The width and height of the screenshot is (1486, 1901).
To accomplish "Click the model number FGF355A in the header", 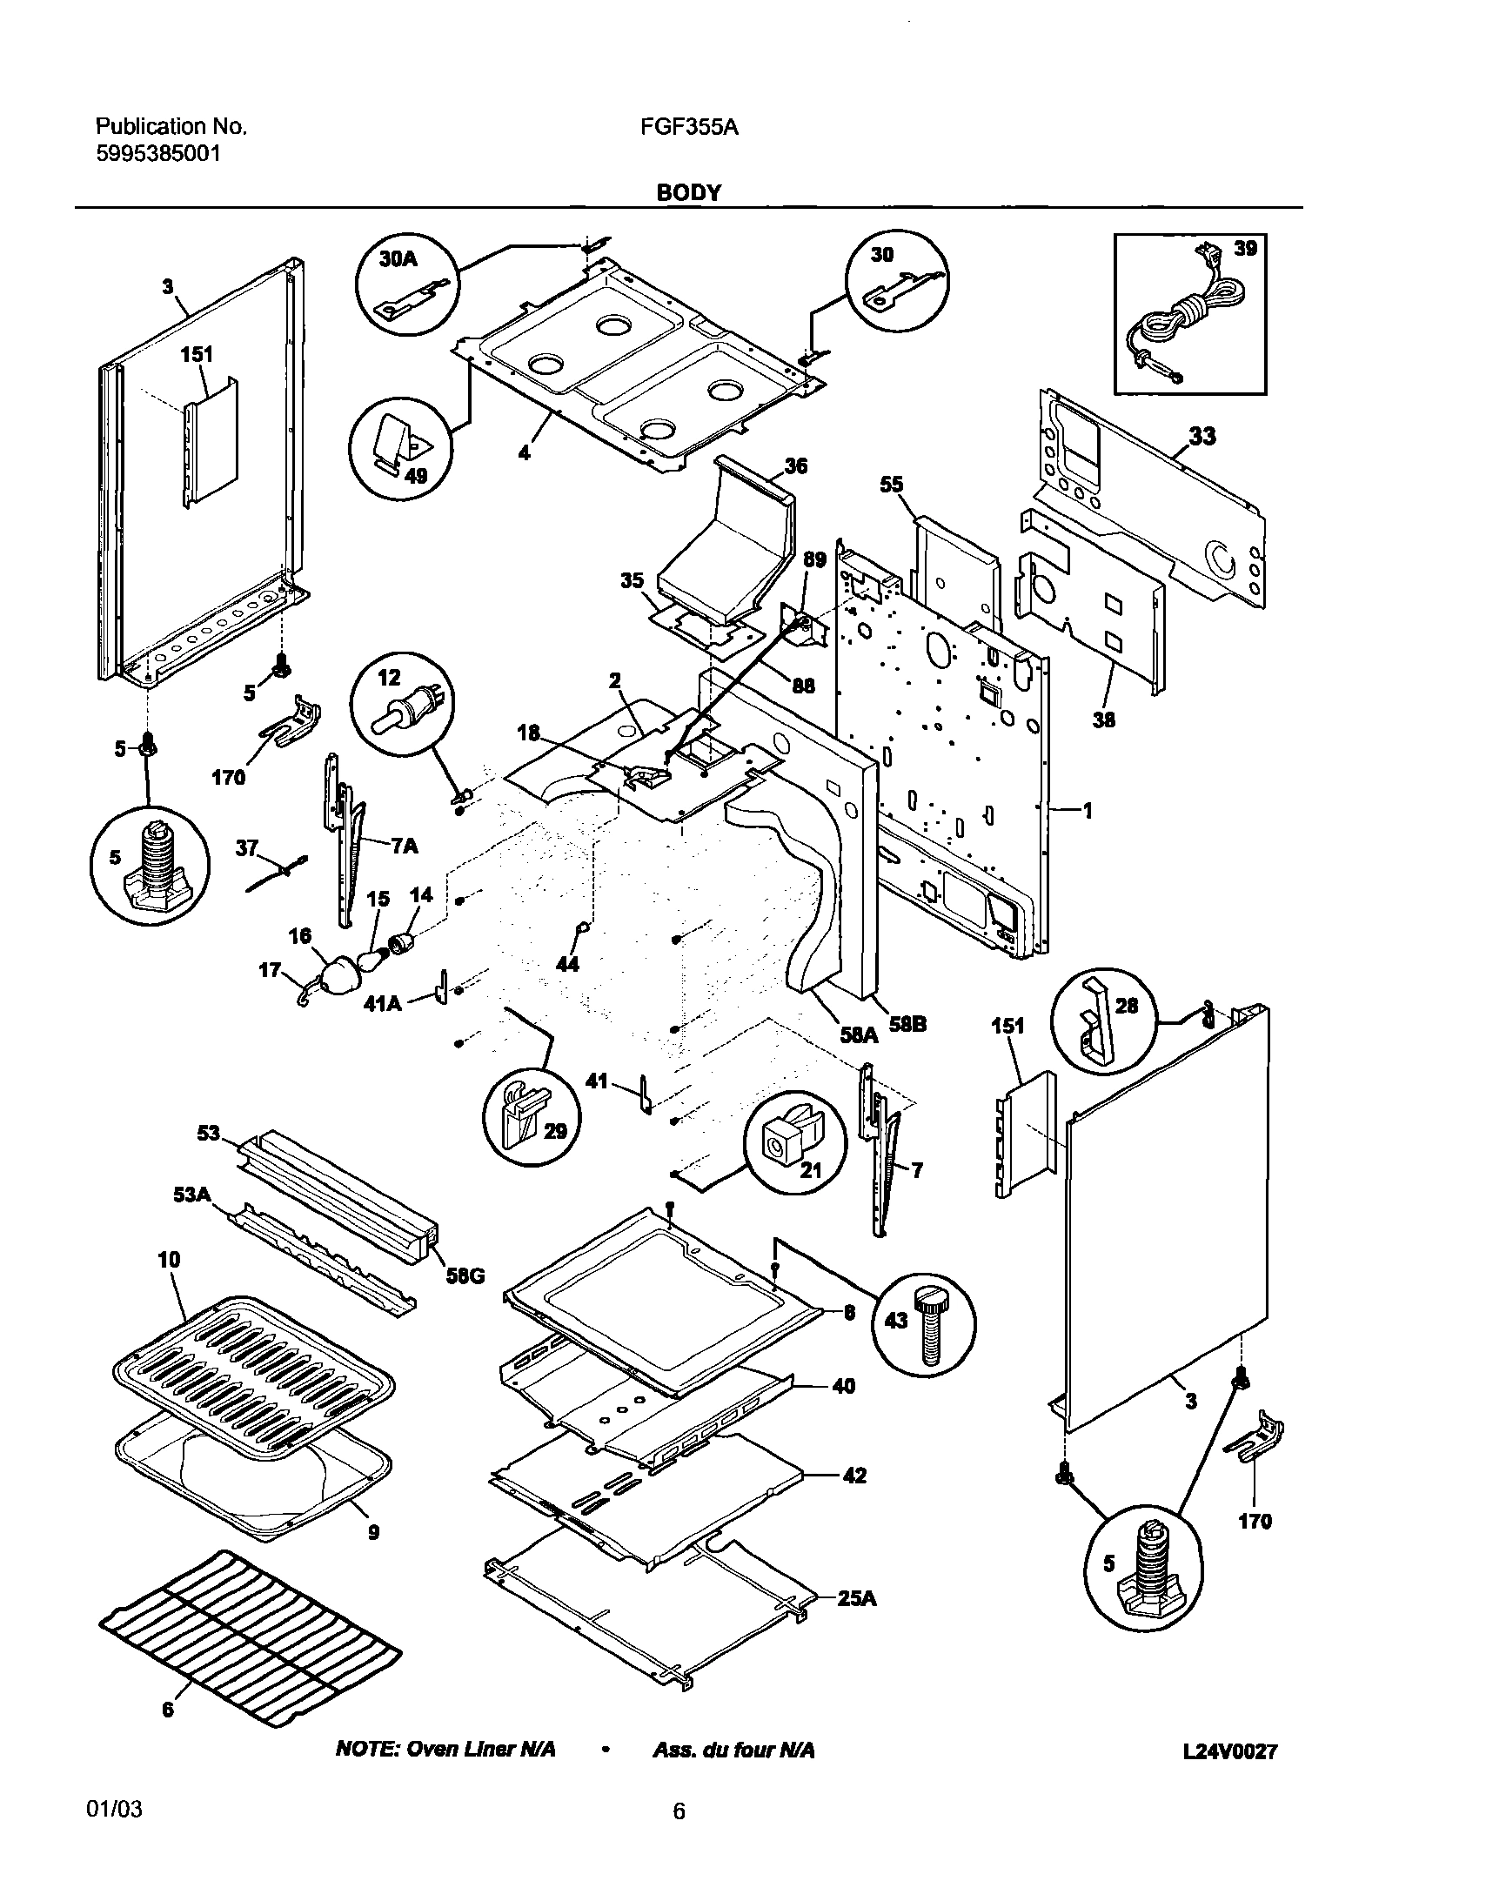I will (x=688, y=128).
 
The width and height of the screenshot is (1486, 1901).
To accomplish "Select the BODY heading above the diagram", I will (x=687, y=192).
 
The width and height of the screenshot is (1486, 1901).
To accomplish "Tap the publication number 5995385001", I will (x=157, y=154).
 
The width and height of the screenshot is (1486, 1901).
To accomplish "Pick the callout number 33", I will (x=1202, y=435).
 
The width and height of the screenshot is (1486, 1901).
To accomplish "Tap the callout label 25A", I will (x=857, y=1598).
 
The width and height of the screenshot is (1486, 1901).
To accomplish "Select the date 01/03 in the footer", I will (x=114, y=1809).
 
